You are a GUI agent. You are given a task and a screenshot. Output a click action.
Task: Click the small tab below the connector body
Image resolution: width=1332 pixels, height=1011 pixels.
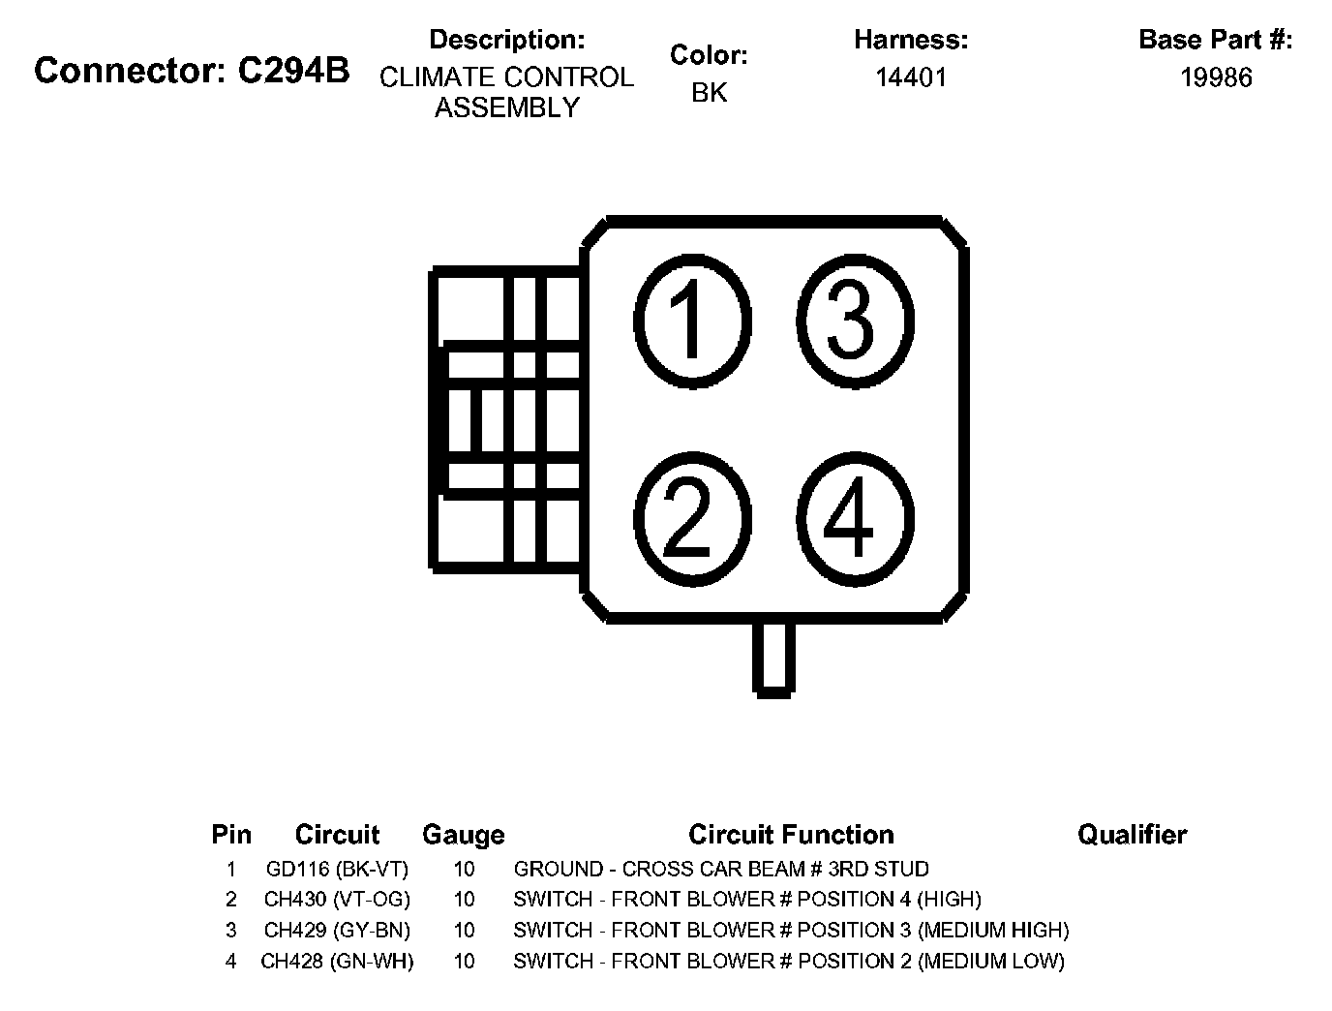tap(773, 658)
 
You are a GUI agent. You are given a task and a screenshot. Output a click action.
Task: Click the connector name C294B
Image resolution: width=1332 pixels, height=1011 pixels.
tap(293, 72)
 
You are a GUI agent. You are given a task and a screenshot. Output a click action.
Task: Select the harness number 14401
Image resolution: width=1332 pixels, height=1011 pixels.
tap(910, 77)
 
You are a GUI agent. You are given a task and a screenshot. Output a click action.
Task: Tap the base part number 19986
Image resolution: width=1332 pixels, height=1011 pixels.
tap(1216, 77)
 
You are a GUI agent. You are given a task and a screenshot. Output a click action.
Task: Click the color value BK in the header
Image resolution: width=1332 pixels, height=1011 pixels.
tap(709, 93)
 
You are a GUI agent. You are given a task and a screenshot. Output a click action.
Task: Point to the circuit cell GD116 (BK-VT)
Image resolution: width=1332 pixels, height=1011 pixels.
tap(337, 869)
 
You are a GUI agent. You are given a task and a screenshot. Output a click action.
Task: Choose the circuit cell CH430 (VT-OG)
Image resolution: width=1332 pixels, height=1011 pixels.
tap(337, 900)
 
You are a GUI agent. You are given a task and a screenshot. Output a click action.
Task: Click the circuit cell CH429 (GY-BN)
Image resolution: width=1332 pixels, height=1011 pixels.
tap(337, 931)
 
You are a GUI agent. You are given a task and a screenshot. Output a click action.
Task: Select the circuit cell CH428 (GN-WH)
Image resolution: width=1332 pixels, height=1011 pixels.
tap(337, 962)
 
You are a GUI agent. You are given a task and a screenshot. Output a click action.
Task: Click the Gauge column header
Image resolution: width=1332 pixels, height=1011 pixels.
tap(464, 835)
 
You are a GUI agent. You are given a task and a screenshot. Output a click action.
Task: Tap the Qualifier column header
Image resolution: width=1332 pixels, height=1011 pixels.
tap(1132, 835)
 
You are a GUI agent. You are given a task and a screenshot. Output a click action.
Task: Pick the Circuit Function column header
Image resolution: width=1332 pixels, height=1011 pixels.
tap(791, 835)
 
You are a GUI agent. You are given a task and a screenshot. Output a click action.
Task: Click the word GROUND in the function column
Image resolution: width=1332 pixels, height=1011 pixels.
tap(559, 869)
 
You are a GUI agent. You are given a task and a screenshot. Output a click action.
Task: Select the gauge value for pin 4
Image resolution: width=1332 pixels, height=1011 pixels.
tap(464, 962)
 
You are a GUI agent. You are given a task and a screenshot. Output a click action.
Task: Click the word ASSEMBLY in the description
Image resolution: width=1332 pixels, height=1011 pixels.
tap(506, 107)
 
